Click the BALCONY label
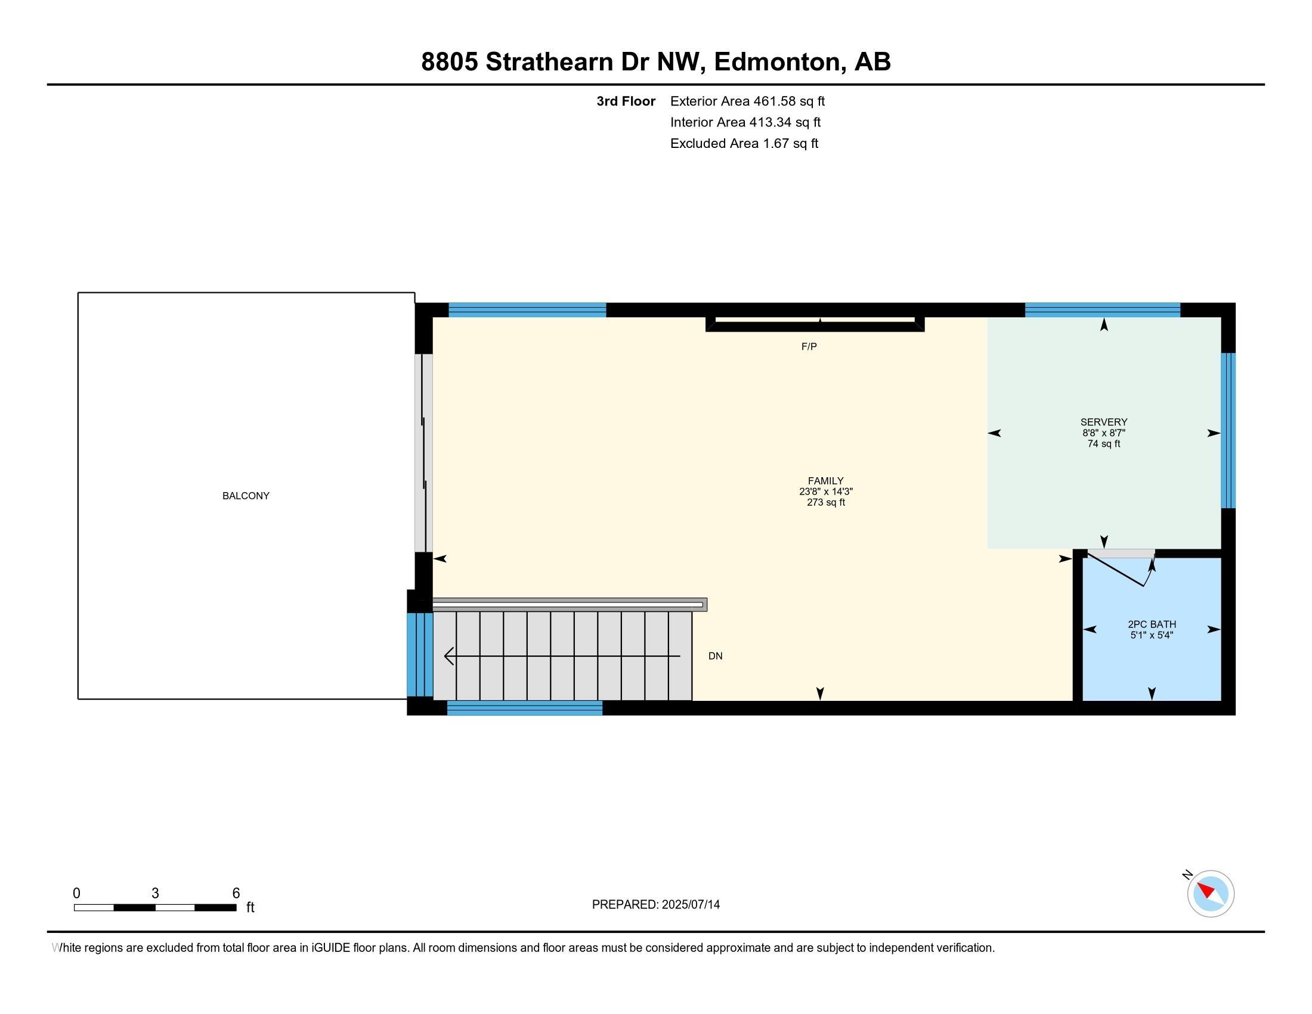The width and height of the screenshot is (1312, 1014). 246,496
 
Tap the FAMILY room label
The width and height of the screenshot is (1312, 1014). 825,481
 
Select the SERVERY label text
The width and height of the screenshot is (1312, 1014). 1103,422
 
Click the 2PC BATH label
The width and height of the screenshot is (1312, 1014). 1151,624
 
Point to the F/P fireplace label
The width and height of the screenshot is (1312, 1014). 809,347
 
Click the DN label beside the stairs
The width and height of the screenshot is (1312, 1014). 715,656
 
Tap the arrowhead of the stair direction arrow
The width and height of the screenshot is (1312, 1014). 448,656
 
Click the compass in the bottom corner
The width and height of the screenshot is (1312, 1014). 1210,894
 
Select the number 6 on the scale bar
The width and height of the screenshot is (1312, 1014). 236,893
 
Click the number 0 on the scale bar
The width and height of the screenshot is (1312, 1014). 77,893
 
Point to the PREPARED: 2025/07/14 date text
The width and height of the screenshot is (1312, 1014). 655,904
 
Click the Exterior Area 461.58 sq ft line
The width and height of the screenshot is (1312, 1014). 747,101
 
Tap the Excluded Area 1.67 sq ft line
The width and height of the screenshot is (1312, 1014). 744,143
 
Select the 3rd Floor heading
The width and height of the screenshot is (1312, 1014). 626,101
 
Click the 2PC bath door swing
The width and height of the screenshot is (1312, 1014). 1119,571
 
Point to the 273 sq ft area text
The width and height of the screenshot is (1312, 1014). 825,502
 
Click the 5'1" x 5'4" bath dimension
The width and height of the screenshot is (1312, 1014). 1151,635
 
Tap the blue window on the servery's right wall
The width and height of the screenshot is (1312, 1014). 1229,430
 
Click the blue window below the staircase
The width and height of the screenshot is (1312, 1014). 524,707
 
